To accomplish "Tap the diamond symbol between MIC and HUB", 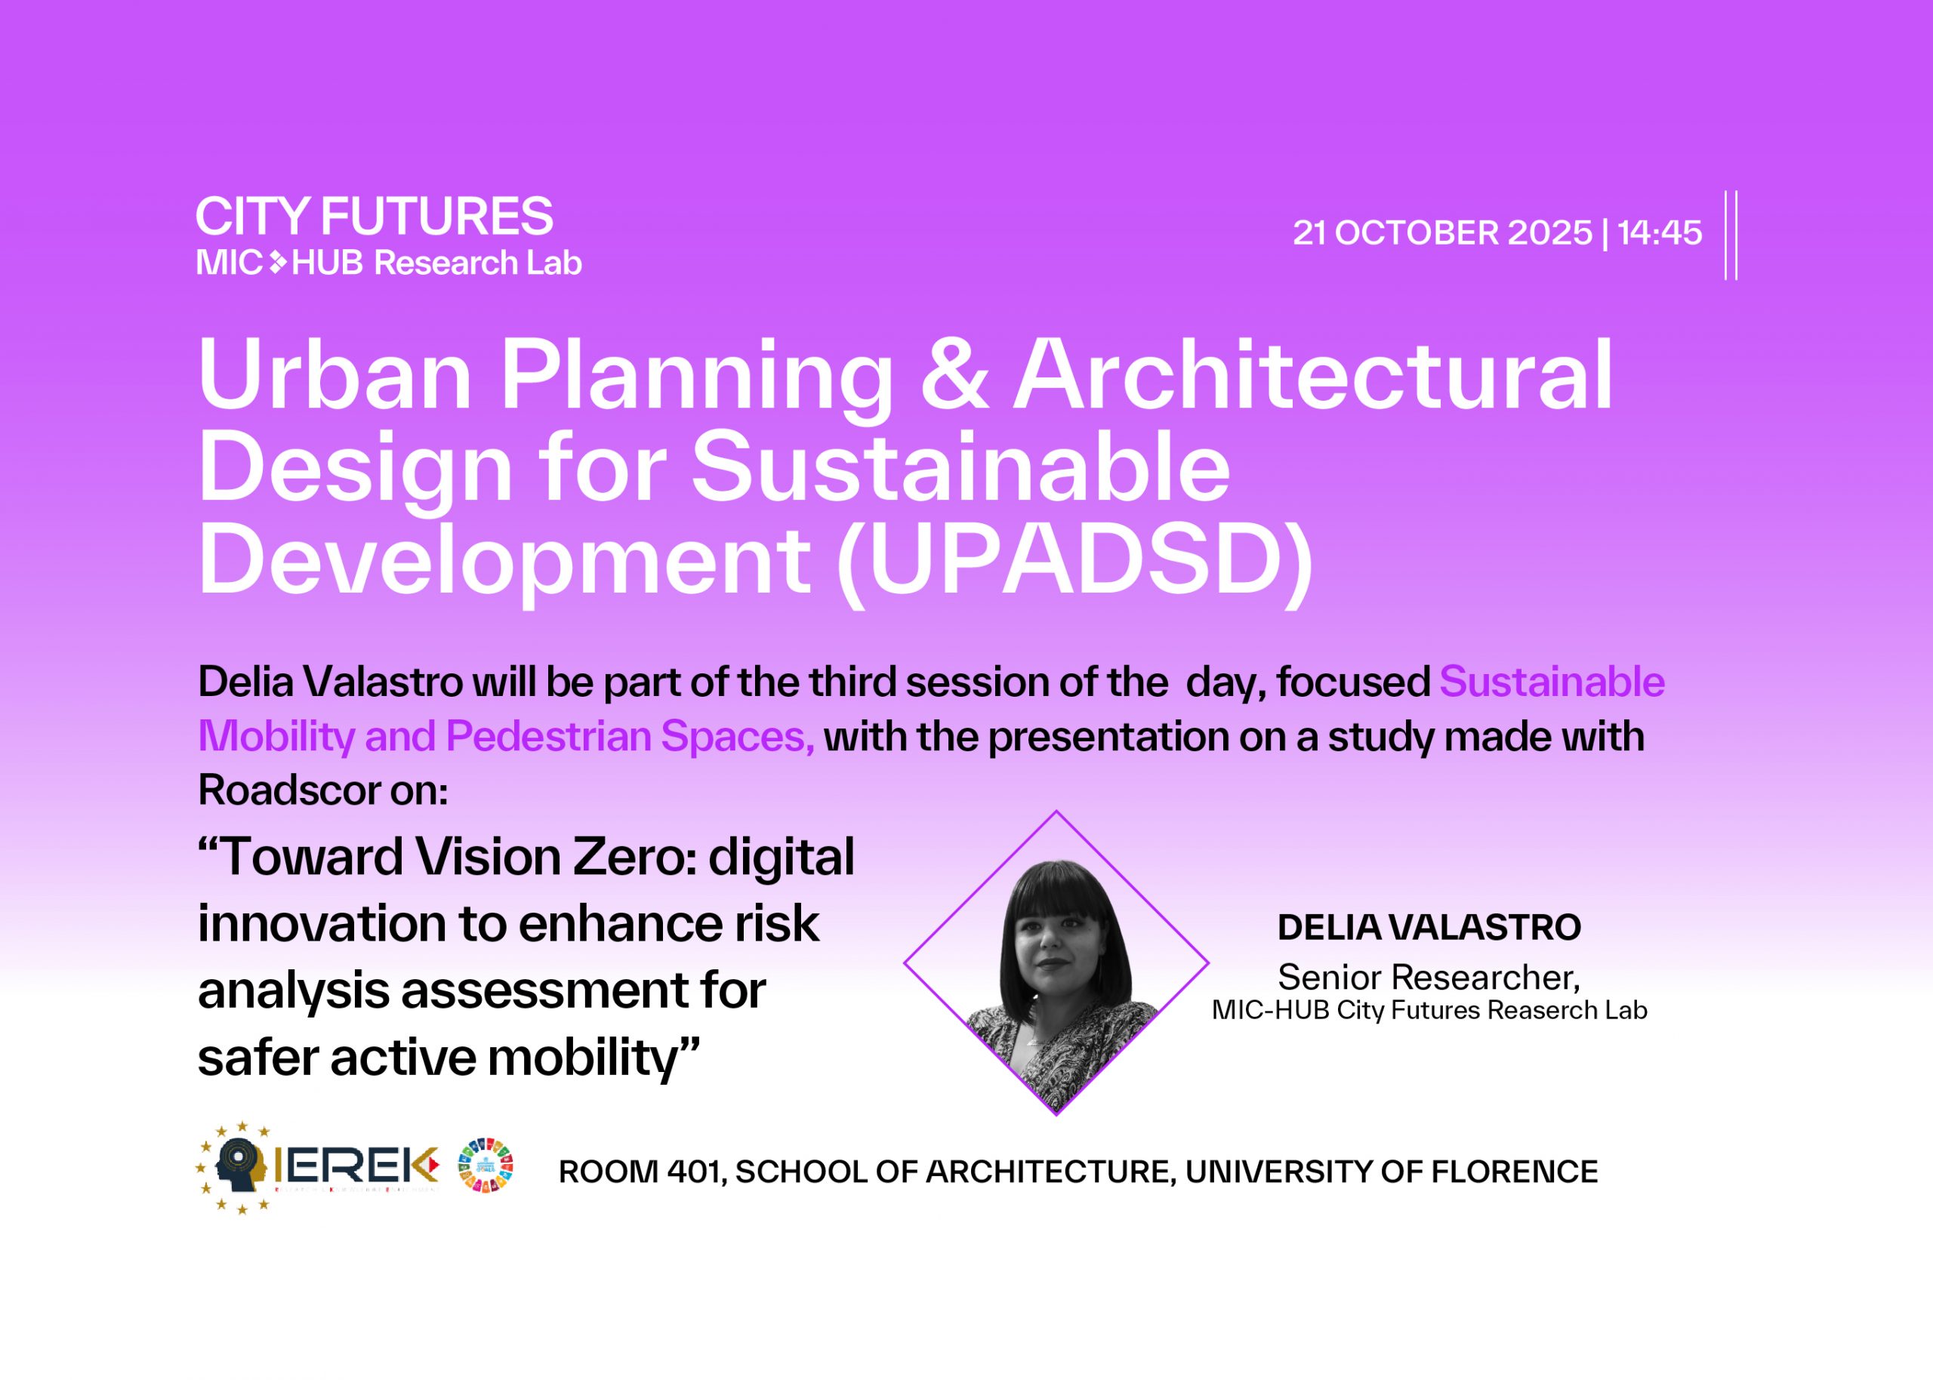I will [x=278, y=263].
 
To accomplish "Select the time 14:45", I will [x=1659, y=233].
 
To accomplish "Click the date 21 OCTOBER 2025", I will [x=1442, y=233].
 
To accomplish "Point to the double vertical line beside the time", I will [x=1731, y=236].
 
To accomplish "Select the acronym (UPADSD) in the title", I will [x=1074, y=560].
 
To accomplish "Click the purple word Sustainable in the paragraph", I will [x=1552, y=682].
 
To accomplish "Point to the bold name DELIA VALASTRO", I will [x=1429, y=927].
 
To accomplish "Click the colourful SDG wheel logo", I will [x=486, y=1165].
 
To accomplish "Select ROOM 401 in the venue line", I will [x=642, y=1172].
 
